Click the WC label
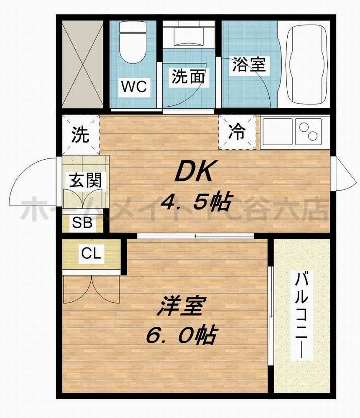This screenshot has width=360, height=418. pyautogui.click(x=134, y=87)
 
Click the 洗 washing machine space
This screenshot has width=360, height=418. pyautogui.click(x=80, y=135)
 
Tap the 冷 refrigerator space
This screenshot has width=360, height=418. pyautogui.click(x=237, y=133)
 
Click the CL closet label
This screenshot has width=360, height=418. pyautogui.click(x=91, y=253)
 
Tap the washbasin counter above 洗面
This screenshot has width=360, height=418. pyautogui.click(x=188, y=33)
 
